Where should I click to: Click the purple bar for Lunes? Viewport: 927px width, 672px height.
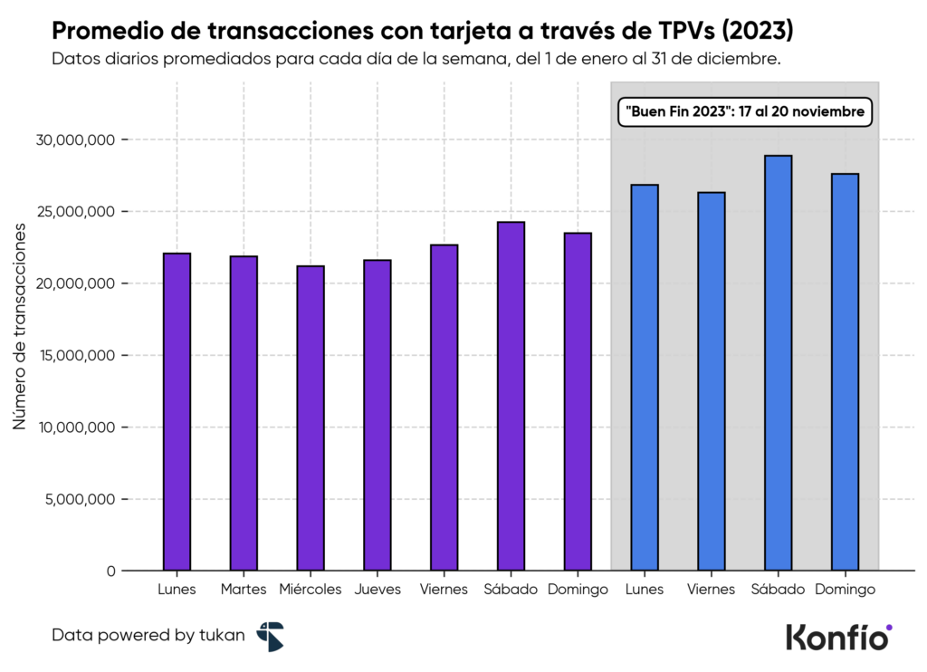point(177,412)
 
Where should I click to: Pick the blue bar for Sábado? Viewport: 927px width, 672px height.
point(778,363)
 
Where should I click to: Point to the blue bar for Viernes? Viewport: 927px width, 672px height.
point(711,381)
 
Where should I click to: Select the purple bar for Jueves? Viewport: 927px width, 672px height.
point(377,416)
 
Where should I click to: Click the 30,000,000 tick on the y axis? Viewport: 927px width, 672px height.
point(77,140)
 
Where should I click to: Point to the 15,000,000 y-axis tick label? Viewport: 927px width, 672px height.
point(77,356)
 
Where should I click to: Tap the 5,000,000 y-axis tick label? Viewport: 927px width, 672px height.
point(81,500)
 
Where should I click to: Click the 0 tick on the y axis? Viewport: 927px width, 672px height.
point(110,571)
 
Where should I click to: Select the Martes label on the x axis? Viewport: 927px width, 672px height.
point(244,590)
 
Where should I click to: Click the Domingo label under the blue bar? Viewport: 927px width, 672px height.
point(845,590)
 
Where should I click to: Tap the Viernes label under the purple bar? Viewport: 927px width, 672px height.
point(444,590)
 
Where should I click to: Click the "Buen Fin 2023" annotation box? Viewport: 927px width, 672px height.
point(745,112)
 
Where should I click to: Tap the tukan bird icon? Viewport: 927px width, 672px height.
point(270,636)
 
